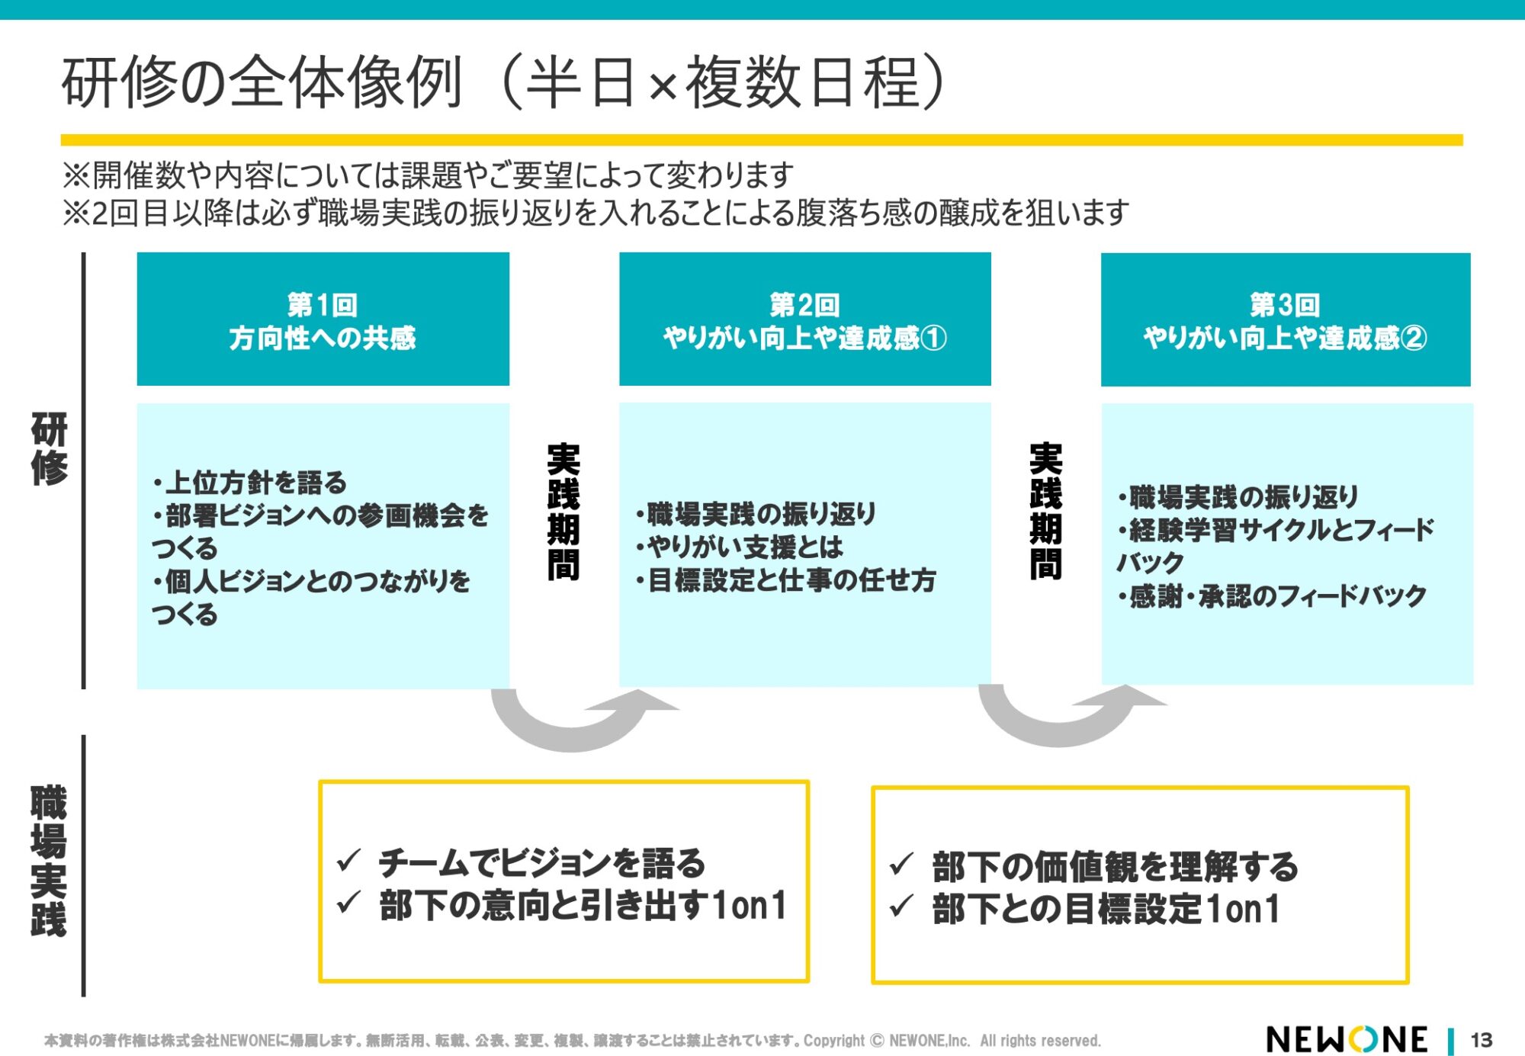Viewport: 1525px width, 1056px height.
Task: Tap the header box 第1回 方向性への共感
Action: point(323,320)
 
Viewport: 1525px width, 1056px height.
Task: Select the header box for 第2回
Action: point(804,320)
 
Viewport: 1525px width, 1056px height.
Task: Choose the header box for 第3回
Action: point(1285,320)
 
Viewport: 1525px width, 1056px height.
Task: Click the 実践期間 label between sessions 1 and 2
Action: point(563,512)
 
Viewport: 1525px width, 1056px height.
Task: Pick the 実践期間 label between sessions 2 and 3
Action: point(1045,512)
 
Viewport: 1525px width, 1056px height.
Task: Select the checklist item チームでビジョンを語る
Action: point(541,862)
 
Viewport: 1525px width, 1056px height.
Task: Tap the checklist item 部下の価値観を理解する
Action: point(1114,867)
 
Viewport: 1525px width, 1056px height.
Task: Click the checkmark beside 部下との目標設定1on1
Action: point(901,907)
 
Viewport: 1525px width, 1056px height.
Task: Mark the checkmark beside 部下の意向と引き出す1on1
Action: point(348,903)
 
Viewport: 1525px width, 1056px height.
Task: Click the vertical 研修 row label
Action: point(50,449)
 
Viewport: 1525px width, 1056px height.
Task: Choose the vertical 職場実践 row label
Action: point(48,862)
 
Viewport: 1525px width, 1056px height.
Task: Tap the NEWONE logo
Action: point(1347,1039)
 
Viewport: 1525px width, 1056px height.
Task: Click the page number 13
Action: point(1481,1040)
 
